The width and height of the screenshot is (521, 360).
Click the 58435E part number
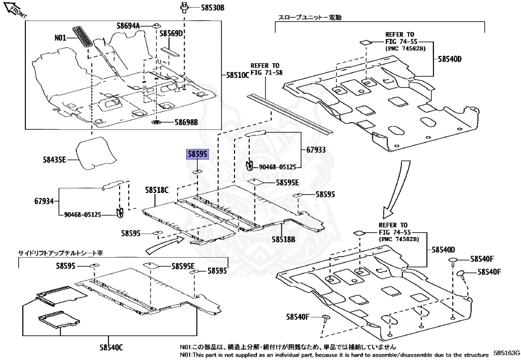(x=55, y=159)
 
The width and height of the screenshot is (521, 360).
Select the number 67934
(x=44, y=201)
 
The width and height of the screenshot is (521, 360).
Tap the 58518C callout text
(x=156, y=190)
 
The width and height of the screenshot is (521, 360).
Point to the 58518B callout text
(x=283, y=238)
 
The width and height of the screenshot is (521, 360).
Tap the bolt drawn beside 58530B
(x=183, y=7)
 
